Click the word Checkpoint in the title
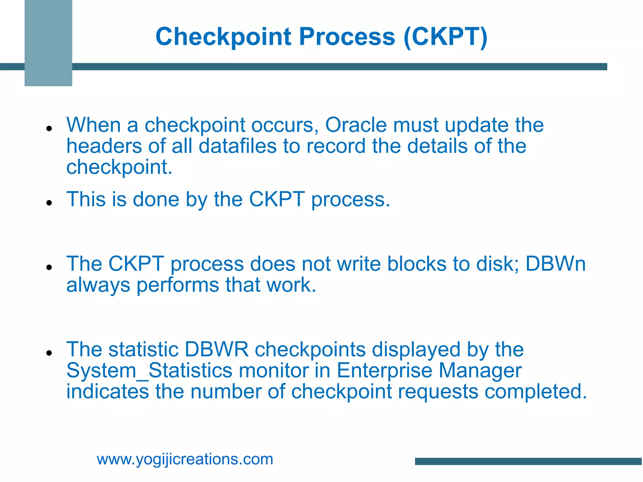pyautogui.click(x=224, y=37)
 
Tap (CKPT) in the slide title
pyautogui.click(x=446, y=37)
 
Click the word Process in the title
pyautogui.click(x=347, y=37)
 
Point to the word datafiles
pyautogui.click(x=237, y=146)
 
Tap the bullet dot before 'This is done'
pyautogui.click(x=49, y=203)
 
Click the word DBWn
pyautogui.click(x=555, y=264)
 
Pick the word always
pyautogui.click(x=98, y=285)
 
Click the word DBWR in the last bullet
pyautogui.click(x=216, y=349)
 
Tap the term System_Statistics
pyautogui.click(x=149, y=371)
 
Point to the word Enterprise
pyautogui.click(x=384, y=371)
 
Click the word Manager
pyautogui.click(x=480, y=371)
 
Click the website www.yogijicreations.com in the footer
pyautogui.click(x=185, y=459)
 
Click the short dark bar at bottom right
pyautogui.click(x=528, y=461)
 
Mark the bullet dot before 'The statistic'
pyautogui.click(x=49, y=353)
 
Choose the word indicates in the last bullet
pyautogui.click(x=107, y=392)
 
